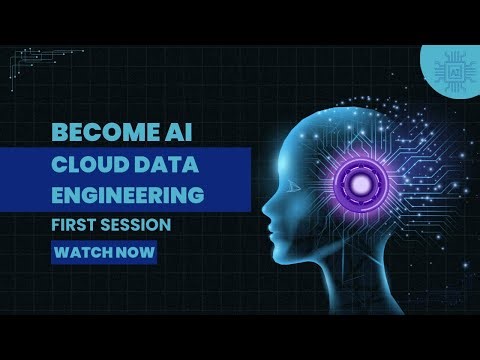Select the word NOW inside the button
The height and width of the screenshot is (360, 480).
tap(137, 252)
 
